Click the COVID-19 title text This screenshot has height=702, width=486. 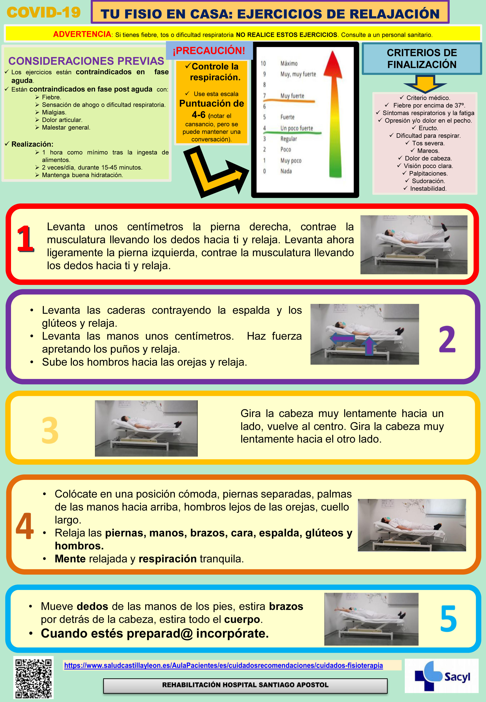[x=44, y=12]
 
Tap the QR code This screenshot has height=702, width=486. [x=33, y=678]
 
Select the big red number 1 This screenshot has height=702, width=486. [x=25, y=239]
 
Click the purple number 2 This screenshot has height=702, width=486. [x=447, y=339]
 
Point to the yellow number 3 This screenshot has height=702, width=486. [x=50, y=430]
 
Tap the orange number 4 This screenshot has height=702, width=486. [x=25, y=526]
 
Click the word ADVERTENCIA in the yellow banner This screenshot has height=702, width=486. [x=82, y=34]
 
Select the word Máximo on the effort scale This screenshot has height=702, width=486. [x=289, y=63]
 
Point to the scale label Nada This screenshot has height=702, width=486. [x=286, y=171]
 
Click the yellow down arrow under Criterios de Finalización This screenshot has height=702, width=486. [x=425, y=84]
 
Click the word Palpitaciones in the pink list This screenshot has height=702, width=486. [x=428, y=173]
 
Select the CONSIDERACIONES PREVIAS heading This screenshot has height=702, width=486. [x=86, y=61]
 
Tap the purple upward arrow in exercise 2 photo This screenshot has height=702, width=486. [x=369, y=346]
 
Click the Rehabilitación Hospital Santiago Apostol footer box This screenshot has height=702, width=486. [x=245, y=685]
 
